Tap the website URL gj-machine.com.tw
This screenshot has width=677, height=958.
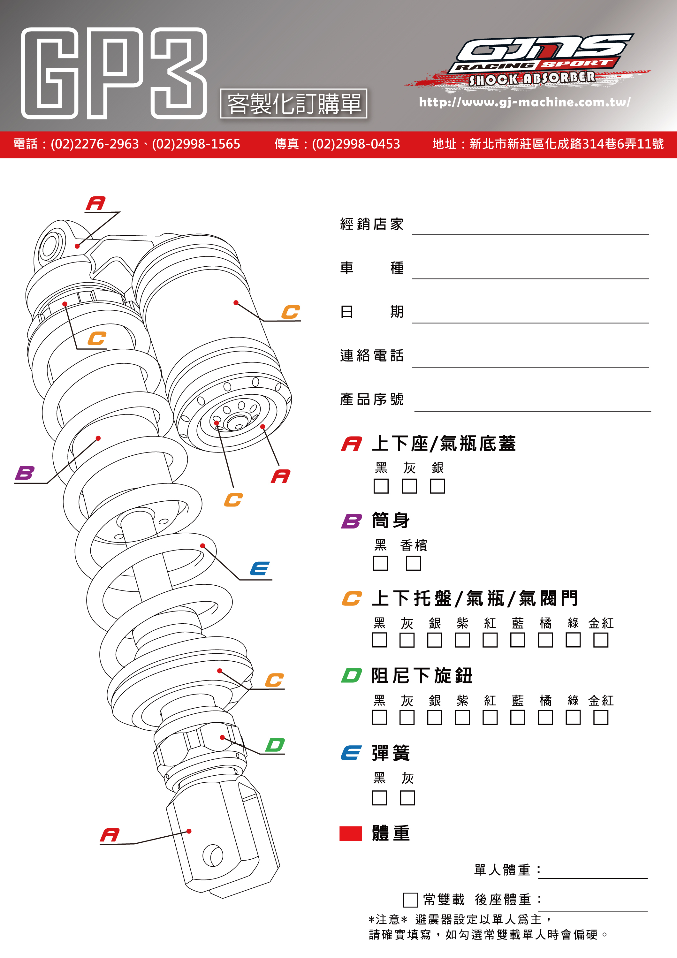tap(524, 102)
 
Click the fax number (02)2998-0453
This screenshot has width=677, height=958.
tap(355, 144)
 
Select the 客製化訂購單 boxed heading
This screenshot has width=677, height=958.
tap(294, 103)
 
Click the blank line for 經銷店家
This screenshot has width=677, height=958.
tap(530, 227)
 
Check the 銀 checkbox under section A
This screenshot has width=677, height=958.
tap(437, 486)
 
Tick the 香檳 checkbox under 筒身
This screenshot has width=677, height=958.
tap(413, 563)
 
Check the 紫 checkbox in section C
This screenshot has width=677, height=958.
tap(462, 640)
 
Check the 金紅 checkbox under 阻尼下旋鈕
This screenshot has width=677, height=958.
tap(601, 718)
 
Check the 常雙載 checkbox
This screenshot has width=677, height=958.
tap(410, 900)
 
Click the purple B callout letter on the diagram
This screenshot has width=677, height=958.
tap(25, 473)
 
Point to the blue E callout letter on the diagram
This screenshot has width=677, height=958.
tap(259, 569)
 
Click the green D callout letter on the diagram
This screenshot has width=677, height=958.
tap(275, 745)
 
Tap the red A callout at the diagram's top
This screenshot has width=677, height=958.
tap(95, 204)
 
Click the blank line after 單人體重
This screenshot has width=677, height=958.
tap(592, 871)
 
